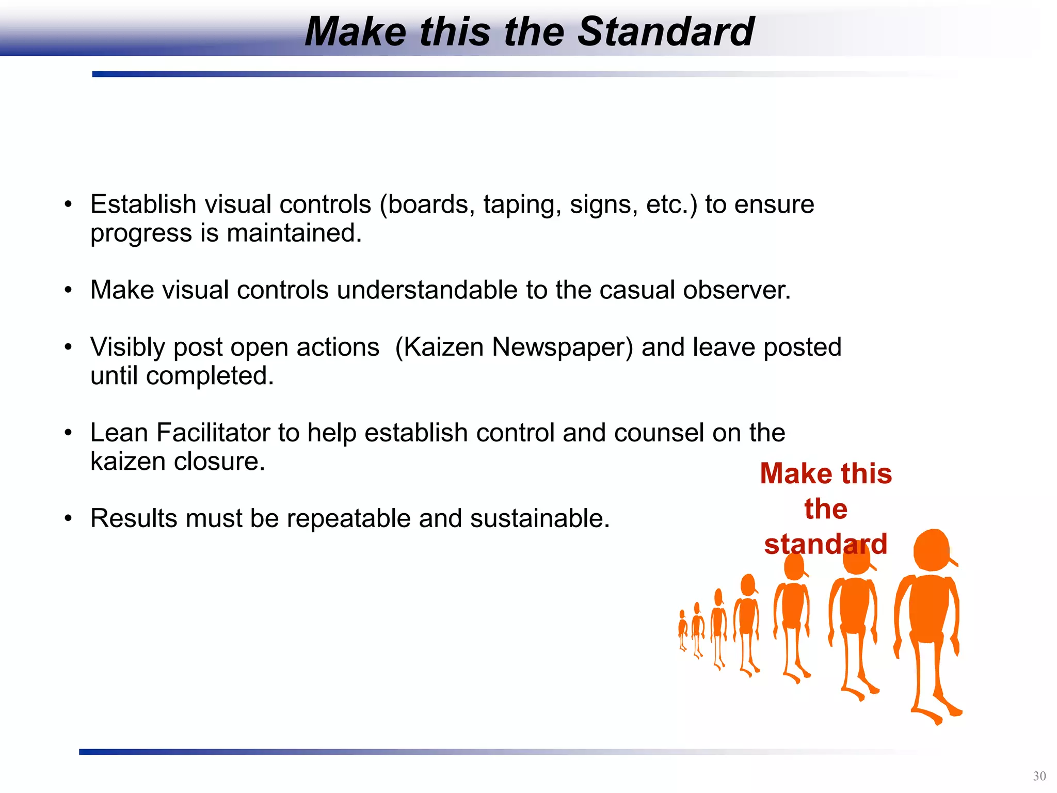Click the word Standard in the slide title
point(666,32)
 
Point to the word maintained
point(294,233)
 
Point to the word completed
point(210,376)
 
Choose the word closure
point(227,462)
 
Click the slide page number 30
point(1039,776)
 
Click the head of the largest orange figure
point(932,550)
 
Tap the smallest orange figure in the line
point(682,630)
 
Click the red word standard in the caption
point(825,544)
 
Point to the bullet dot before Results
point(68,518)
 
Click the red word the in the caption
point(825,509)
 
